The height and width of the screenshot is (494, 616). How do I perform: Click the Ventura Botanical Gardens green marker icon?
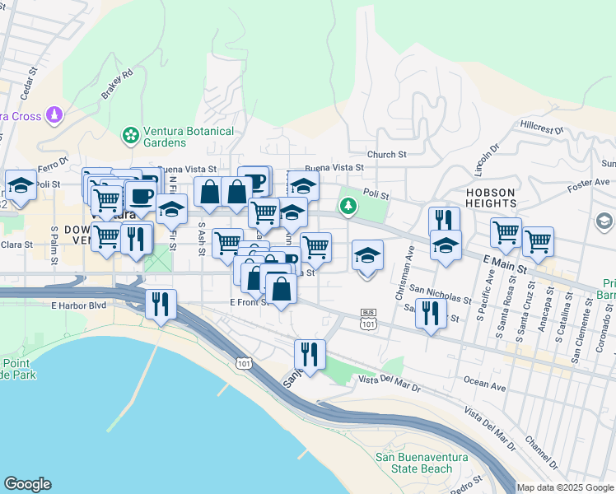click(x=129, y=134)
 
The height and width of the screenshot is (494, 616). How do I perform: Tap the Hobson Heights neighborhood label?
click(x=491, y=196)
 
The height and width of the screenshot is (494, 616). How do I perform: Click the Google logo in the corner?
click(x=27, y=484)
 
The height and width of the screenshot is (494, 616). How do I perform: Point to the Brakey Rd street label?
click(x=117, y=84)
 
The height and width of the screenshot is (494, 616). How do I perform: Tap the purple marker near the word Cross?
click(x=55, y=114)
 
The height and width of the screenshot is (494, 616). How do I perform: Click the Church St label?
click(x=387, y=154)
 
